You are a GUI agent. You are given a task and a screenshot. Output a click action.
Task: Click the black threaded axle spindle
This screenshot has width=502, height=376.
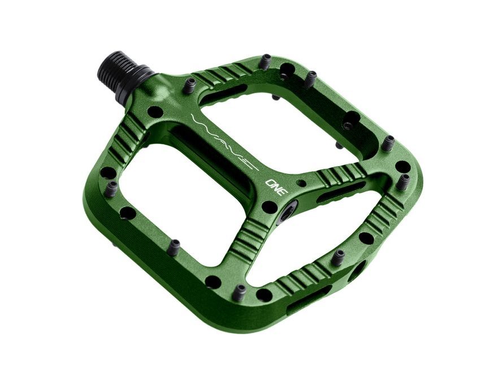(119, 69)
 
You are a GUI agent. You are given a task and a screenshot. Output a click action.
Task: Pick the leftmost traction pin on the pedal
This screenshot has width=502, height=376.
(111, 189)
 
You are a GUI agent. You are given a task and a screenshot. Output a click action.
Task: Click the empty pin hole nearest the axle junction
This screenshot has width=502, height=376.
(155, 112)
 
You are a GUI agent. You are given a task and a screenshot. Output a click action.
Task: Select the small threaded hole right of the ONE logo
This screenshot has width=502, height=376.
(301, 183)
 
